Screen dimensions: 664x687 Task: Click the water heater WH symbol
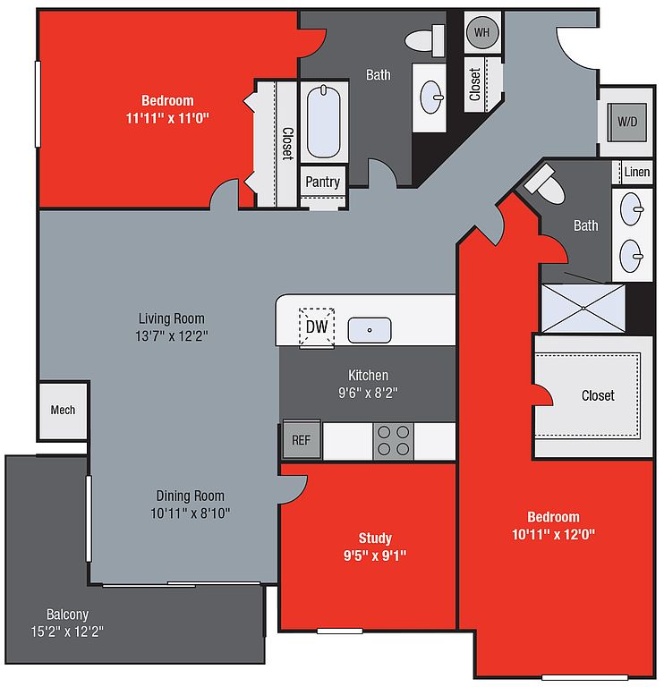pyautogui.click(x=482, y=32)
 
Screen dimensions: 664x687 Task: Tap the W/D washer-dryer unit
pyautogui.click(x=626, y=122)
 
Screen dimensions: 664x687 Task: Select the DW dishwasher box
pyautogui.click(x=317, y=327)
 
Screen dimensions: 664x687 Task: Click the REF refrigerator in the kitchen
pyautogui.click(x=302, y=439)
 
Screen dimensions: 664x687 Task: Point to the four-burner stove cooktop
pyautogui.click(x=393, y=441)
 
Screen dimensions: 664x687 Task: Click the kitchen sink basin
pyautogui.click(x=370, y=330)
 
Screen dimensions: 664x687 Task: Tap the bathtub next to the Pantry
pyautogui.click(x=323, y=122)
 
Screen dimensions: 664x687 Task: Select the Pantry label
pyautogui.click(x=322, y=182)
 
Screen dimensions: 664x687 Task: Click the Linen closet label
pyautogui.click(x=637, y=172)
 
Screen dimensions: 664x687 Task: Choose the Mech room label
pyautogui.click(x=63, y=410)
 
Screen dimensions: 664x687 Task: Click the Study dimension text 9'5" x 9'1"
pyautogui.click(x=375, y=556)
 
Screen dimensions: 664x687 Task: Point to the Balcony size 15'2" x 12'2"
pyautogui.click(x=67, y=632)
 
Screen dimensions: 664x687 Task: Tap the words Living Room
pyautogui.click(x=171, y=318)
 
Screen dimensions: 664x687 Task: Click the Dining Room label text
pyautogui.click(x=191, y=496)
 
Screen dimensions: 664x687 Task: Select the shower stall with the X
pyautogui.click(x=583, y=308)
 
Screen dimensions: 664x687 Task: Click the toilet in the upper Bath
pyautogui.click(x=425, y=40)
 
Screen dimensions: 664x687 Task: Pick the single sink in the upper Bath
pyautogui.click(x=431, y=98)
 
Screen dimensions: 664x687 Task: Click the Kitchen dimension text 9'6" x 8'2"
pyautogui.click(x=368, y=393)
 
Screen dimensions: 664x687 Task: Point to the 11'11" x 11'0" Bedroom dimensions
pyautogui.click(x=167, y=118)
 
